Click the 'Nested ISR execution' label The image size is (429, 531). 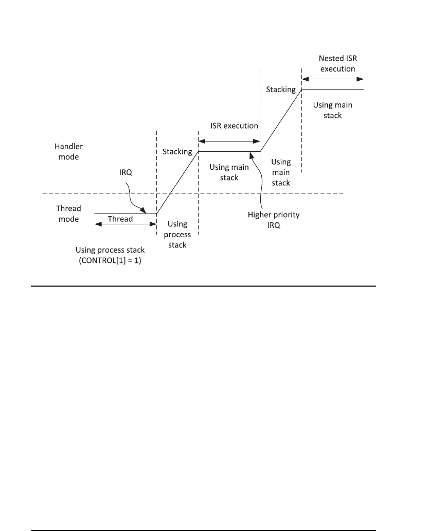tap(334, 63)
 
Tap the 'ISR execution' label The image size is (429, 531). tap(234, 126)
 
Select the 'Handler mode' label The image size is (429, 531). tap(68, 152)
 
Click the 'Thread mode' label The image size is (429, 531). tap(68, 214)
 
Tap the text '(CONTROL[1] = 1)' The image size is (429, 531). tap(111, 260)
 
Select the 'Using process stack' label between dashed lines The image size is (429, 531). tap(178, 235)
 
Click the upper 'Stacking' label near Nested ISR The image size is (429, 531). tap(281, 90)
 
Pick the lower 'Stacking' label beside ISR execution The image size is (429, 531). tap(177, 152)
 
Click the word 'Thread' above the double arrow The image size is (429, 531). tap(120, 219)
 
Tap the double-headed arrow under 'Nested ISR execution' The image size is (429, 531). tap(333, 79)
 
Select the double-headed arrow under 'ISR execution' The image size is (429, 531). tap(229, 140)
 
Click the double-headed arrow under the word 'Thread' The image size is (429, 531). tap(125, 224)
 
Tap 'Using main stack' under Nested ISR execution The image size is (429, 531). tap(333, 110)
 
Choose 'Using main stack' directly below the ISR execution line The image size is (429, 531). tap(229, 172)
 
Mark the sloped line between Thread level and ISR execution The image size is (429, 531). tap(177, 183)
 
